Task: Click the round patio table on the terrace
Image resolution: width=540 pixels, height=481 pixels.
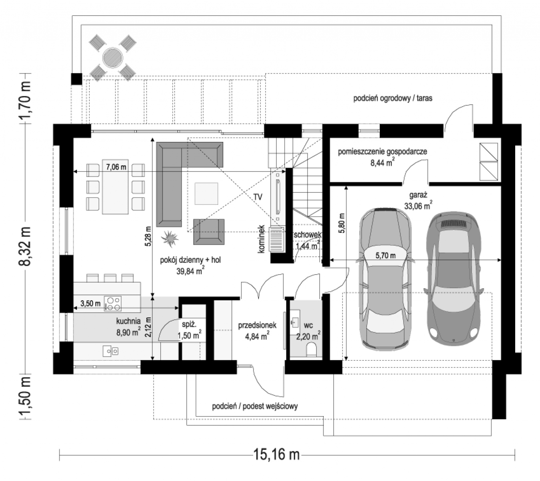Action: [113, 57]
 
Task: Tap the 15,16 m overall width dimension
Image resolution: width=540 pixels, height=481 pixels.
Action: [276, 454]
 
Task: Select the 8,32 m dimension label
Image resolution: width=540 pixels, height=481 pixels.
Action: [25, 246]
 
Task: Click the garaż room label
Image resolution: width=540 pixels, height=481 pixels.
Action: [418, 195]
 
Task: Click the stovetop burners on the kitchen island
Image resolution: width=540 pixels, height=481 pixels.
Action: [113, 303]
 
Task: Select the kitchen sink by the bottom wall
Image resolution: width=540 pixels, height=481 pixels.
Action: [111, 351]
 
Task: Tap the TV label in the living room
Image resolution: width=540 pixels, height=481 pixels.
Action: [258, 197]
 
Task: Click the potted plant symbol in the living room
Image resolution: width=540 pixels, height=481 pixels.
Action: [169, 238]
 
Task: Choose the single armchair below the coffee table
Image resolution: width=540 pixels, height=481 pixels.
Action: [209, 232]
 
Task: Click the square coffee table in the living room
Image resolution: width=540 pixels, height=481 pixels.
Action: [206, 194]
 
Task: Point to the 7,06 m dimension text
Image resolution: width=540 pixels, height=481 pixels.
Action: [116, 167]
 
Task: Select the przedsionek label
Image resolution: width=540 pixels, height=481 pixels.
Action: [257, 325]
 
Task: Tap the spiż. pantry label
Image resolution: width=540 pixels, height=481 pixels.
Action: [189, 325]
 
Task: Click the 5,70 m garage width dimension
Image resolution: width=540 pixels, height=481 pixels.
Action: [385, 256]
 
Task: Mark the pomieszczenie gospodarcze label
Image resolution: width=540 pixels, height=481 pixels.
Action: [383, 152]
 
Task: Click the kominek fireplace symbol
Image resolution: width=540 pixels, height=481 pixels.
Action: [277, 239]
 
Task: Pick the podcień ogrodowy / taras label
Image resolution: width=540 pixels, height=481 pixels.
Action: [393, 99]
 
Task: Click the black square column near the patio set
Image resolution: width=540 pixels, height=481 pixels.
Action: [77, 79]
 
